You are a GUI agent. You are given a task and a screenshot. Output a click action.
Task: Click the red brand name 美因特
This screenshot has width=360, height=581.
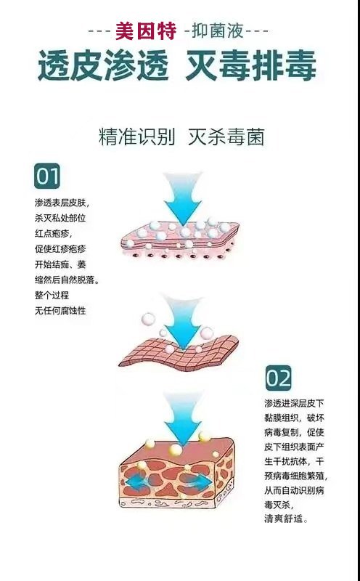[x=146, y=31]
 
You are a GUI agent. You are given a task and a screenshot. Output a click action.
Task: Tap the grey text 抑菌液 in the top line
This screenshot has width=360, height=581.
[x=218, y=31]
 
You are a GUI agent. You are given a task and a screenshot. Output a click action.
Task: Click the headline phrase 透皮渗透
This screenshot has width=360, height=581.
[x=103, y=66]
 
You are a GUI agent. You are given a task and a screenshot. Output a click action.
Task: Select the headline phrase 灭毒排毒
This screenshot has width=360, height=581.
[x=250, y=66]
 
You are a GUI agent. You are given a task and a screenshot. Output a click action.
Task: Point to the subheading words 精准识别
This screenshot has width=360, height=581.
[x=136, y=137]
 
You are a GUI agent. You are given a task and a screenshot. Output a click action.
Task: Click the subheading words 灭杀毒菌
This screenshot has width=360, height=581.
[x=226, y=137]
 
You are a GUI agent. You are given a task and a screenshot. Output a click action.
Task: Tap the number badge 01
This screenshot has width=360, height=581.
[x=47, y=176]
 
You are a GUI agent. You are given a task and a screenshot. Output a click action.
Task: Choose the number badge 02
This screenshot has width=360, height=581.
[x=278, y=378]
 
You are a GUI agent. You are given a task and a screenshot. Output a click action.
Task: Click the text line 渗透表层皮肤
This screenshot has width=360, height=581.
[x=62, y=203]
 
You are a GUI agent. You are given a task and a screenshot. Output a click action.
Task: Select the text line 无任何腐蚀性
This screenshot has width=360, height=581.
[x=60, y=311]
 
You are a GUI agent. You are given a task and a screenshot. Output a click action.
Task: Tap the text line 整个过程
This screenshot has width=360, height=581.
[x=52, y=296]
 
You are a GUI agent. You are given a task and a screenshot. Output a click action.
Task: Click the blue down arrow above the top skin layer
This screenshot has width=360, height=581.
[x=183, y=198]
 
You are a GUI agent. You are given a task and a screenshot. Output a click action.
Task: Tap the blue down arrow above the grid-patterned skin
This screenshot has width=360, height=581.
[x=183, y=322]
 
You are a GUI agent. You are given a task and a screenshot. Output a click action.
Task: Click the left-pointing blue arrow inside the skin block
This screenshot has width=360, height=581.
[x=137, y=483]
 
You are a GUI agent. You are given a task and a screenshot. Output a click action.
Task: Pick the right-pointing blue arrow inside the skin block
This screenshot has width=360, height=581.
[x=200, y=482]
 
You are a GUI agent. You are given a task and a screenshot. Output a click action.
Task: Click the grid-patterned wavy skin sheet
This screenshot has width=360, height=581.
[x=179, y=353]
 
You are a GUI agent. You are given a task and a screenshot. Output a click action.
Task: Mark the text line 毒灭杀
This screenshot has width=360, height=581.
[x=279, y=505]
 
